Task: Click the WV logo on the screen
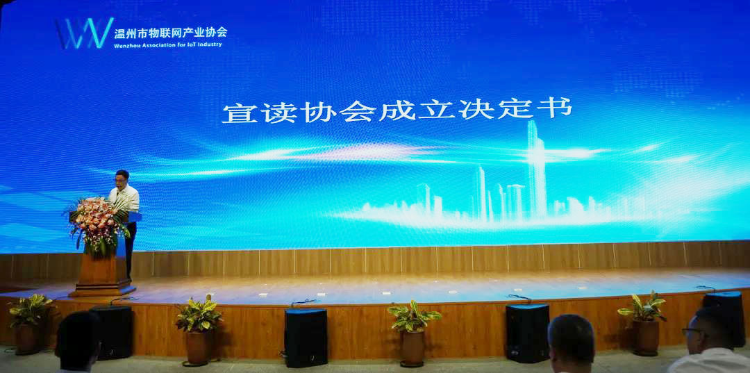(x=84, y=33)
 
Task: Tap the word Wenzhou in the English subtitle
(x=126, y=45)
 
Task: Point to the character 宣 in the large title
(x=239, y=113)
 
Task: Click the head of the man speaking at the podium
(x=122, y=179)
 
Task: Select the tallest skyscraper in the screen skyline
(x=537, y=169)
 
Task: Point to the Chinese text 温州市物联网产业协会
(x=171, y=33)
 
